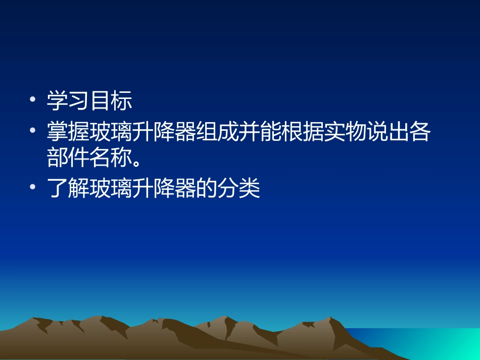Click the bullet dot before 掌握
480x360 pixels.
(x=33, y=131)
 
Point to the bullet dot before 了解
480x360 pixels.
(x=33, y=188)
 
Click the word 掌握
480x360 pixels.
(x=68, y=133)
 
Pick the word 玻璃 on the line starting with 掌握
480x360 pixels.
(x=111, y=133)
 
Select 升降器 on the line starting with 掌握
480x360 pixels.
(x=164, y=133)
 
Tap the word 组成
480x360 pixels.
(x=217, y=133)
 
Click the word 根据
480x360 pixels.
(x=302, y=133)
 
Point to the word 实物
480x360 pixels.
(x=344, y=133)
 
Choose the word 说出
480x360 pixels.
(x=387, y=133)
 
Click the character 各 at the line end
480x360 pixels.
(x=419, y=133)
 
